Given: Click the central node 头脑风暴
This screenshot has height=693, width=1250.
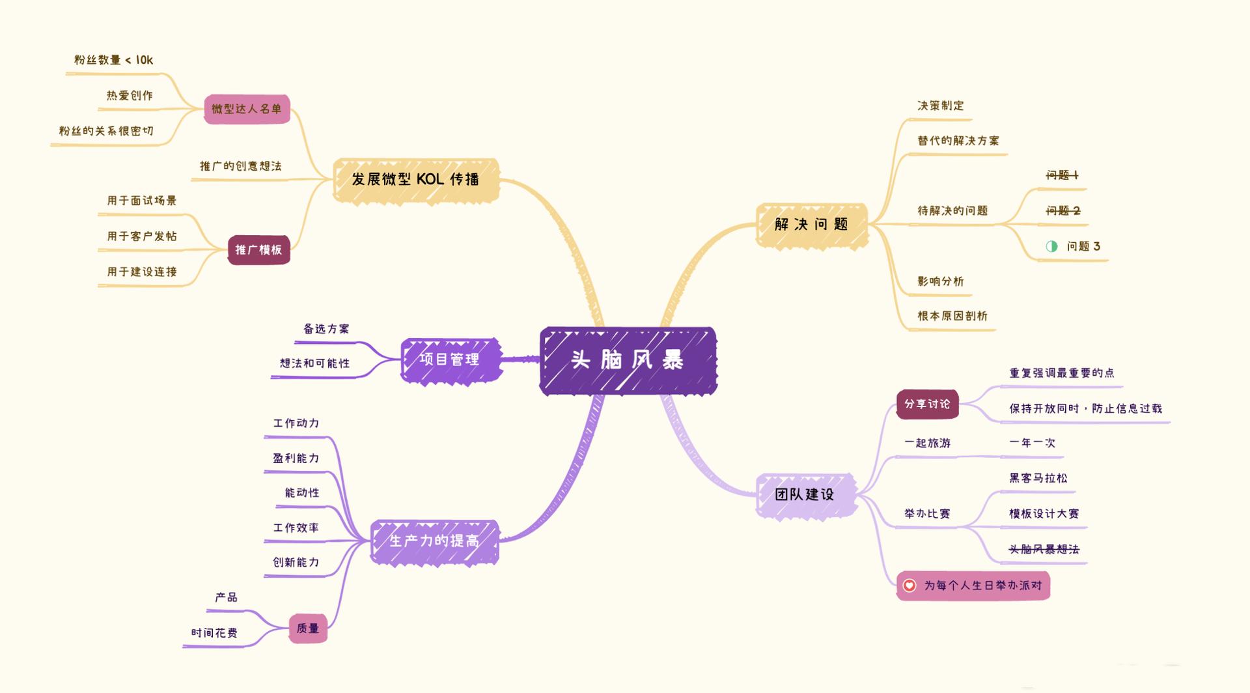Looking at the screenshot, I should pos(628,360).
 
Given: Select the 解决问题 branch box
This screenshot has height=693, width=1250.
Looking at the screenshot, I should pos(811,225).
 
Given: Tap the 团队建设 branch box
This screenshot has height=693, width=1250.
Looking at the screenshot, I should pos(805,495).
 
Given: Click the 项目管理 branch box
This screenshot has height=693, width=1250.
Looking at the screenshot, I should pos(450,360).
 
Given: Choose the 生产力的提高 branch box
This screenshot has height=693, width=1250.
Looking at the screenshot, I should pos(434,541).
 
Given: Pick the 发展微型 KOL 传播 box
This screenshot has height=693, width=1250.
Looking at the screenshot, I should pos(415,180).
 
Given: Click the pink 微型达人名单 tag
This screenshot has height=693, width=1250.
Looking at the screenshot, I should pos(247,109).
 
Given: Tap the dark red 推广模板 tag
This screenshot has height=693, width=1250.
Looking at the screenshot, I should pos(258,250).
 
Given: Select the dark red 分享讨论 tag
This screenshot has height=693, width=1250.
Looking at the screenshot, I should pos(927,404).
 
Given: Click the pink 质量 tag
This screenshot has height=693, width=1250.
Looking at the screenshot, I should pos(308,629).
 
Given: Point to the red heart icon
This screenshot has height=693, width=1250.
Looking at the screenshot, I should pos(910,586).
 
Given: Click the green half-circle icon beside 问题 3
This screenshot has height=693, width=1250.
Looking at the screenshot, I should pos(1051,246).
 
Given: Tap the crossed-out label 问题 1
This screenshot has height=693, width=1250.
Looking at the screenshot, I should pos(1062,175).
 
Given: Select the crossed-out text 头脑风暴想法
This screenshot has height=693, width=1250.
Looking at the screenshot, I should pos(1044,550).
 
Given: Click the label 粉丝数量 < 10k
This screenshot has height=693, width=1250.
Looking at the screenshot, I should pos(114,60).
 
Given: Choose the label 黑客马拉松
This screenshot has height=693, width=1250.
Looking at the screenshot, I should pos(1038,478).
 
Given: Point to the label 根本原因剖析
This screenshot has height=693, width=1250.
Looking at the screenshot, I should pos(952,316).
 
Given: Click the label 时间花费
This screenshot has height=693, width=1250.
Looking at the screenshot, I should pos(214,633).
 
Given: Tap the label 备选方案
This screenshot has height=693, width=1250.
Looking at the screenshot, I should pos(326,329).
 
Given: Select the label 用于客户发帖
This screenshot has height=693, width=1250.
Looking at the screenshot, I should pos(142,236).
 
